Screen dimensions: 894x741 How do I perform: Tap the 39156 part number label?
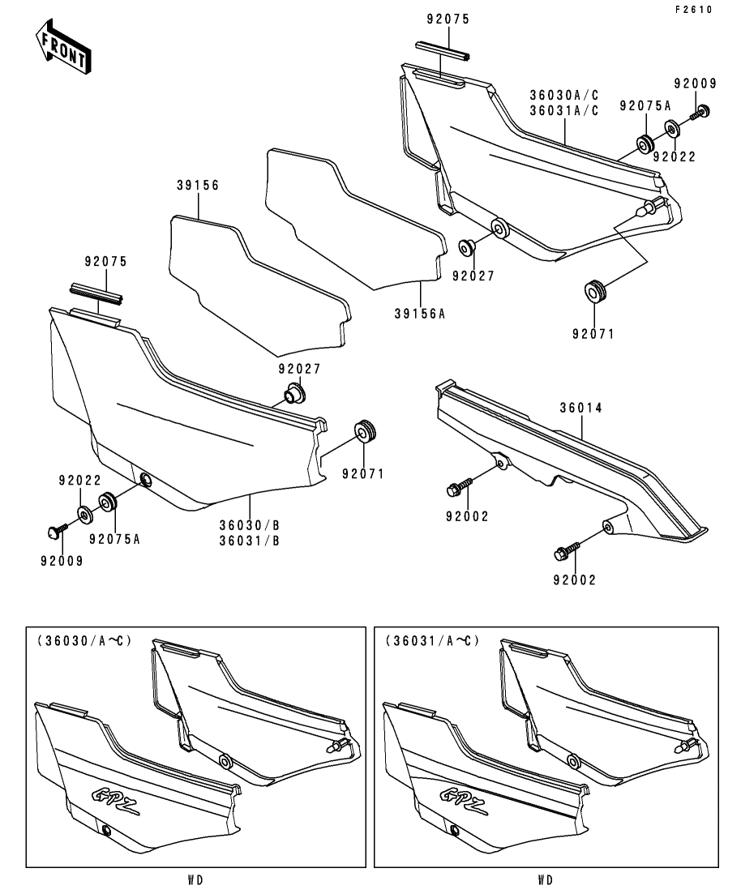click(199, 186)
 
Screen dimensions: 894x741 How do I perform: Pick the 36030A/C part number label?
click(564, 95)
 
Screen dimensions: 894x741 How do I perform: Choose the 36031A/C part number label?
click(564, 111)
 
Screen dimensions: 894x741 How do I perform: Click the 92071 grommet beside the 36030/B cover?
click(367, 431)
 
